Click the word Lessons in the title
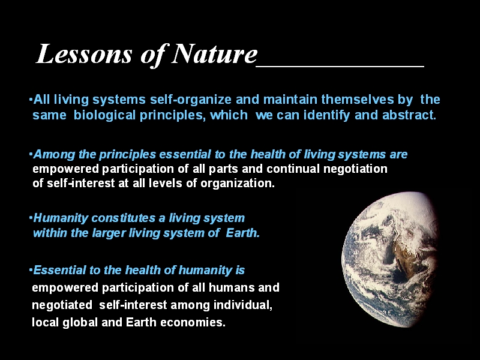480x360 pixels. [x=84, y=54]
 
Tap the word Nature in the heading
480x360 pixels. [x=214, y=54]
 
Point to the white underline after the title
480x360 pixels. [x=340, y=66]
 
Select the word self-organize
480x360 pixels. [x=191, y=100]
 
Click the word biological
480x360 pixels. [x=104, y=116]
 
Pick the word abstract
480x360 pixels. [x=409, y=115]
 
